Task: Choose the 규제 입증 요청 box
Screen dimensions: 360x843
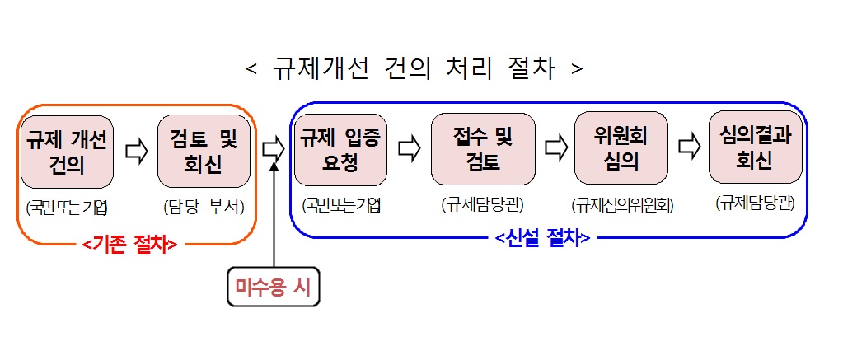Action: (x=341, y=151)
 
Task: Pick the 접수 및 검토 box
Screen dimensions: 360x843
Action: (x=482, y=150)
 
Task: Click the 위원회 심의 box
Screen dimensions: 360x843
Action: (x=621, y=147)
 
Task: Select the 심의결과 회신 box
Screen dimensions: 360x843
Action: (x=755, y=147)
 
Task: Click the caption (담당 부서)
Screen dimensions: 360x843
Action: (x=204, y=207)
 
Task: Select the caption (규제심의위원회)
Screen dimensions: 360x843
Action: (x=622, y=205)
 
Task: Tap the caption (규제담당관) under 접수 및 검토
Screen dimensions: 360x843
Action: (x=483, y=204)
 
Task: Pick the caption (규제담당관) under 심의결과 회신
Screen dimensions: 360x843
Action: (x=756, y=203)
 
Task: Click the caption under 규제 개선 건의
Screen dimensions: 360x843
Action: (x=67, y=206)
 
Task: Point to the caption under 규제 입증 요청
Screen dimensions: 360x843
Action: (x=341, y=204)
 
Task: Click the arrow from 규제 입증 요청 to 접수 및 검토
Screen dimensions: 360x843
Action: (x=410, y=150)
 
